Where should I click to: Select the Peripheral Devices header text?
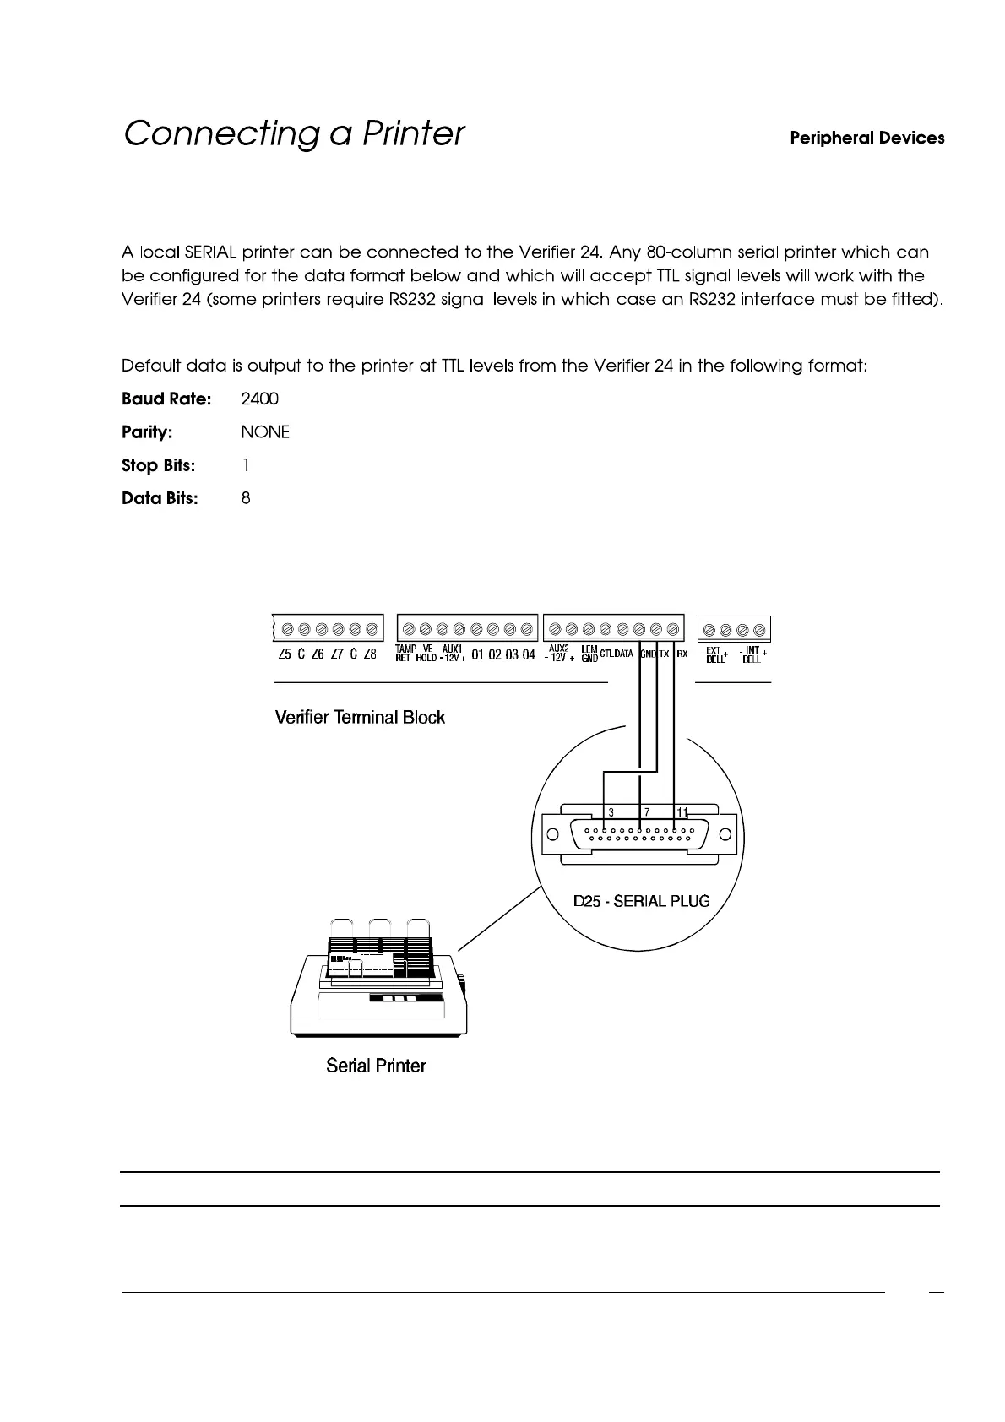point(866,138)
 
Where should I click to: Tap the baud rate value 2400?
point(259,399)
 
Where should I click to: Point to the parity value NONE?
point(265,432)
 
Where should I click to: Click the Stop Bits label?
point(158,465)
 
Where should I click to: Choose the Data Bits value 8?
point(246,498)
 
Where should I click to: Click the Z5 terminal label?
point(285,654)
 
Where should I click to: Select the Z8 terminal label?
point(370,654)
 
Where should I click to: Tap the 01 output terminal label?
point(478,655)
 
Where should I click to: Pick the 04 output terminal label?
point(529,655)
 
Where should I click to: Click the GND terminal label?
point(648,654)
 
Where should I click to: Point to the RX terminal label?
point(682,654)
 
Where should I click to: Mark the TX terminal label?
point(664,654)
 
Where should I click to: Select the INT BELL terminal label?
point(752,654)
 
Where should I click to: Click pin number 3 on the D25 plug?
point(611,812)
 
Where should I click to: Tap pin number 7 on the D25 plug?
point(647,812)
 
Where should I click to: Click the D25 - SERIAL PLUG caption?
point(642,901)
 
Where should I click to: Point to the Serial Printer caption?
point(376,1066)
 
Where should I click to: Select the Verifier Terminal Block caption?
point(360,718)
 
